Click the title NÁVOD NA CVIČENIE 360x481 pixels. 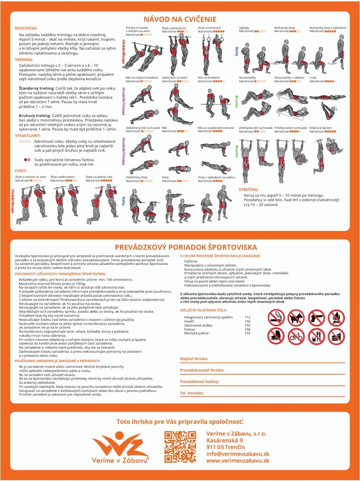pos(180,19)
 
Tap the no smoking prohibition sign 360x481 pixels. pos(276,318)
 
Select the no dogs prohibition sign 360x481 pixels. pos(297,318)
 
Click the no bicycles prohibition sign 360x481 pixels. pos(297,336)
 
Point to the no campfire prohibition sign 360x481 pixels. pos(337,318)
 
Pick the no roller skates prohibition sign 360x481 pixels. pos(276,336)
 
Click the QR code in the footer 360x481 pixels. pos(180,447)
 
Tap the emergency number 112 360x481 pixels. pos(247,317)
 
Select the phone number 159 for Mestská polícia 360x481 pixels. pos(247,333)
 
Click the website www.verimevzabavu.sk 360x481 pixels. pos(238,460)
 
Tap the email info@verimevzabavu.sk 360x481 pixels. pos(238,454)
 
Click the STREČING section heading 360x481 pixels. pos(248,190)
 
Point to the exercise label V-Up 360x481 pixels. pos(313,77)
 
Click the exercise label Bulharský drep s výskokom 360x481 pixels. pos(328,27)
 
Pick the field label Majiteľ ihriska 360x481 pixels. pos(194,358)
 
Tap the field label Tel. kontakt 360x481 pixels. pos(192,393)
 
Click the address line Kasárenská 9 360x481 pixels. pos(225,440)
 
